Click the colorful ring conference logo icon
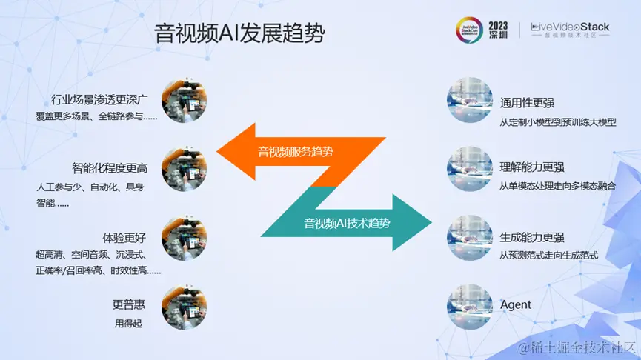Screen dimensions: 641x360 (469, 30)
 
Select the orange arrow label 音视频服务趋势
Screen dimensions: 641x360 (295, 153)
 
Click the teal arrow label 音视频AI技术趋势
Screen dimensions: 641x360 (348, 221)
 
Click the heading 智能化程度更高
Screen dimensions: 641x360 (110, 168)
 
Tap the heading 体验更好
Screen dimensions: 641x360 (124, 238)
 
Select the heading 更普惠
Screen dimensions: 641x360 (129, 304)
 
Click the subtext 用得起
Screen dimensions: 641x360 (127, 323)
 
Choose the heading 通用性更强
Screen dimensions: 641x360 (527, 103)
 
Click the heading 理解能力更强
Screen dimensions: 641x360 (532, 167)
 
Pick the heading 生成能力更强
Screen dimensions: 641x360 (532, 238)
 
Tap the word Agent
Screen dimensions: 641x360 (516, 304)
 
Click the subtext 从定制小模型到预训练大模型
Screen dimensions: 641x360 (557, 122)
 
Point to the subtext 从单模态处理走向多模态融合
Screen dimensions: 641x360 (557, 186)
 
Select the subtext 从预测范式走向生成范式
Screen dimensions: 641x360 (548, 256)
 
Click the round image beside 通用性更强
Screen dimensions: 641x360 (470, 101)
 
